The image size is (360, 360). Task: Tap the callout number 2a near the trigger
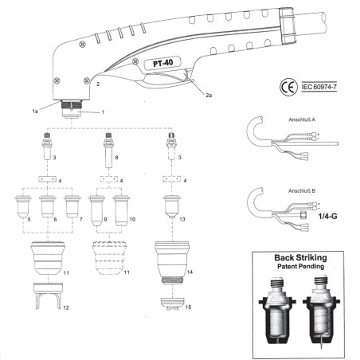tap(209, 96)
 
